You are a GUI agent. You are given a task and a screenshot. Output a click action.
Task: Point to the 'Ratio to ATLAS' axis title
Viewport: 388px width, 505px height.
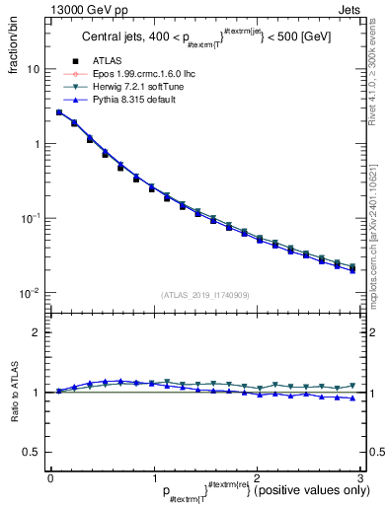pyautogui.click(x=13, y=394)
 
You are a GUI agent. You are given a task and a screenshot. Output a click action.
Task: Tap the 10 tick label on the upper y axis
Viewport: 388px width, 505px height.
pyautogui.click(x=32, y=70)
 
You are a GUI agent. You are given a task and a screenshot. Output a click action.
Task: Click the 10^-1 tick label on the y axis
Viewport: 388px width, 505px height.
pyautogui.click(x=29, y=218)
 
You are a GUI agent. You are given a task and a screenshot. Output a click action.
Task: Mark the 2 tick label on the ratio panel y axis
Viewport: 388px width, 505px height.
pyautogui.click(x=36, y=332)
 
